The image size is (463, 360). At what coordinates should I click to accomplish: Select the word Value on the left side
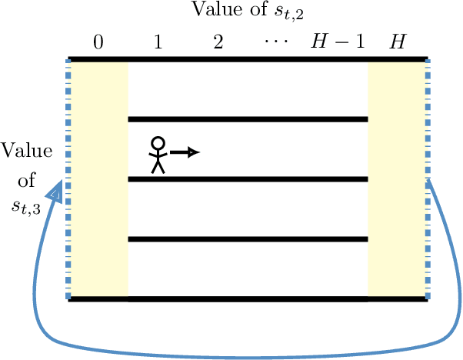click(x=27, y=150)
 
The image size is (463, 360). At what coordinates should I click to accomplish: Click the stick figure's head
click(x=158, y=143)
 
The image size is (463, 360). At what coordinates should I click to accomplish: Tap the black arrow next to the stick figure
click(x=185, y=152)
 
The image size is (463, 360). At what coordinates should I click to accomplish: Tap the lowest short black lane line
click(x=248, y=239)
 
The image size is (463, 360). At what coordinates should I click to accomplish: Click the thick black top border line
click(x=248, y=59)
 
